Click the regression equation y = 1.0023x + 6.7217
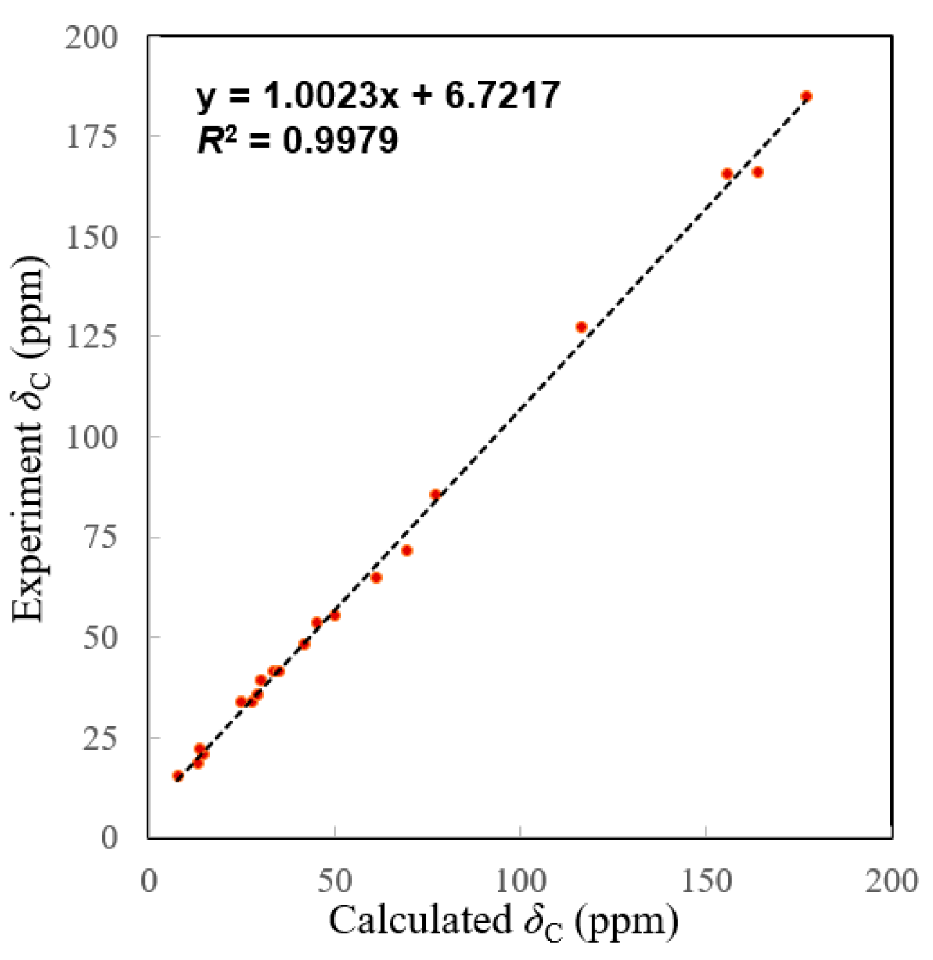click(378, 95)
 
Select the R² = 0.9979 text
click(298, 139)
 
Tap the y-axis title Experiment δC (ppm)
click(30, 437)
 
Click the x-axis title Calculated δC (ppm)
click(504, 922)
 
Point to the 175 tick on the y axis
click(91, 136)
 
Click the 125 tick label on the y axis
click(91, 336)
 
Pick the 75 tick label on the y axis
click(100, 537)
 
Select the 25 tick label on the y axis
click(100, 738)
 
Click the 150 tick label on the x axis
click(705, 881)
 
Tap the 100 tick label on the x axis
click(519, 881)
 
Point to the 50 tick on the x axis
click(334, 881)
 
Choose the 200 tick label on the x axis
click(891, 881)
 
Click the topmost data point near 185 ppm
click(806, 97)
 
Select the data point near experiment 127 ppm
click(581, 327)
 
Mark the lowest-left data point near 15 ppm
click(178, 775)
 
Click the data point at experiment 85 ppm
click(435, 494)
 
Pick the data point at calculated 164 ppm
click(757, 172)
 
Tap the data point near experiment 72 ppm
click(406, 551)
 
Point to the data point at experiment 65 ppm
click(375, 577)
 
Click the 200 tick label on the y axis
click(91, 37)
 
